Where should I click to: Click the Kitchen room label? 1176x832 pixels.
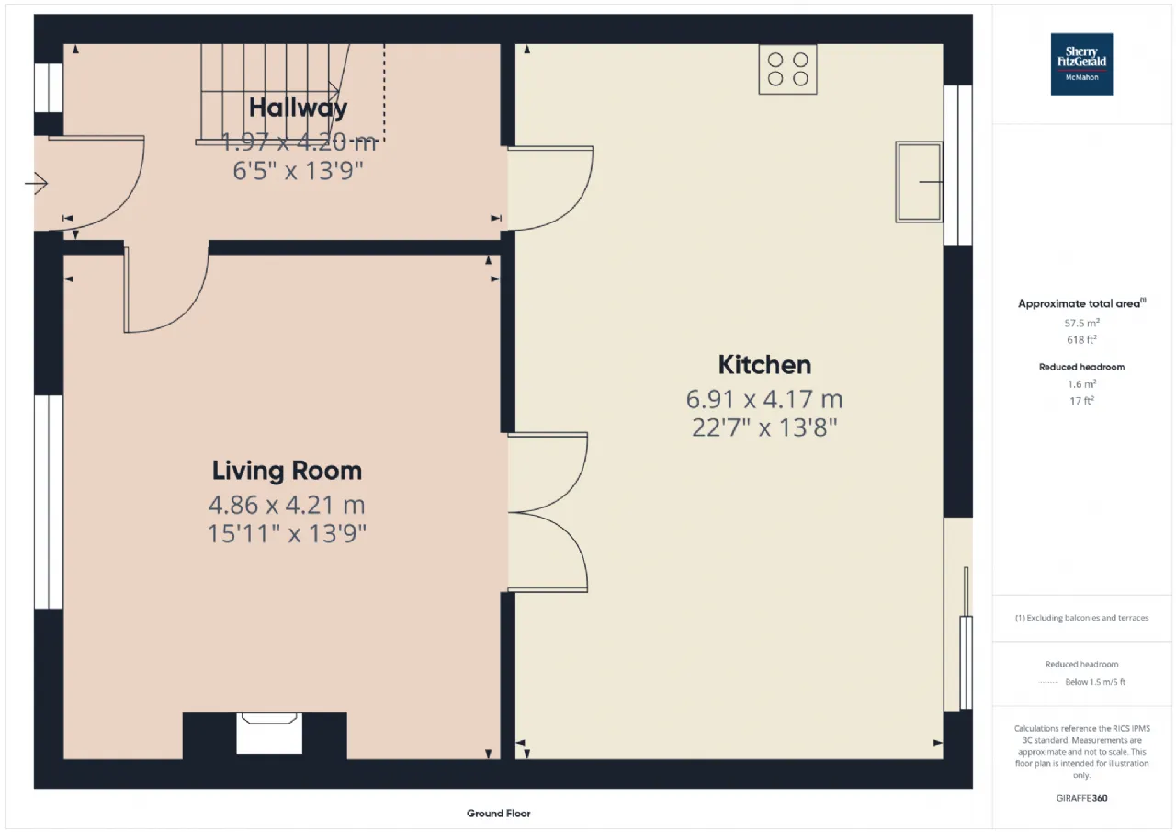(764, 365)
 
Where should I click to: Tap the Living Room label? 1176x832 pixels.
(287, 471)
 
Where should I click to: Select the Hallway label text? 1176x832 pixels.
(298, 108)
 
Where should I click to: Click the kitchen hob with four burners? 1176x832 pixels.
(787, 69)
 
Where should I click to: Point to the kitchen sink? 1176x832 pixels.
(920, 182)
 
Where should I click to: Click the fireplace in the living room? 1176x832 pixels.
(269, 734)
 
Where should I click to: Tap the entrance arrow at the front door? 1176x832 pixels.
(36, 183)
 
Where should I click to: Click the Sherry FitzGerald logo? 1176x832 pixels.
(1081, 64)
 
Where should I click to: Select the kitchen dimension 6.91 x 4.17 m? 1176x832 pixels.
(764, 400)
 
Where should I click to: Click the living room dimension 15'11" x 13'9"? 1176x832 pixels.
(287, 533)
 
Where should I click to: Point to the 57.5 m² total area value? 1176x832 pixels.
(1082, 323)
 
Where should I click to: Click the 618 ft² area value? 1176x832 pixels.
(1081, 340)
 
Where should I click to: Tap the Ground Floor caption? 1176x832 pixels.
(498, 814)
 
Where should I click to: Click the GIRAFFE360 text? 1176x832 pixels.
(1081, 798)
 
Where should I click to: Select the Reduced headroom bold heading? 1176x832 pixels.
(1081, 367)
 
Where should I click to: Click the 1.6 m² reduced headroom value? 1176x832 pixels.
(1081, 384)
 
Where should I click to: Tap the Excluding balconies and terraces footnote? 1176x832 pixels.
(1081, 618)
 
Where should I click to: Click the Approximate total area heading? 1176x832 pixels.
(1081, 303)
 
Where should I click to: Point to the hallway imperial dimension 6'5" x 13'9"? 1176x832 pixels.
(299, 171)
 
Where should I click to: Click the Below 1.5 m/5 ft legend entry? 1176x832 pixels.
(1095, 682)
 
